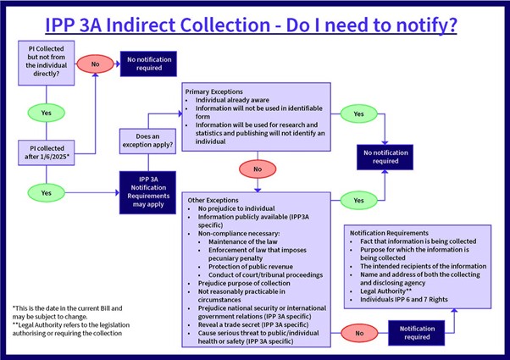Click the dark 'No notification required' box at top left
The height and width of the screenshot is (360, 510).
150,63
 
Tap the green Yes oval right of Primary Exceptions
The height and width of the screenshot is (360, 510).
358,114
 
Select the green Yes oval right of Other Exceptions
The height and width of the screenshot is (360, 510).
358,200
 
